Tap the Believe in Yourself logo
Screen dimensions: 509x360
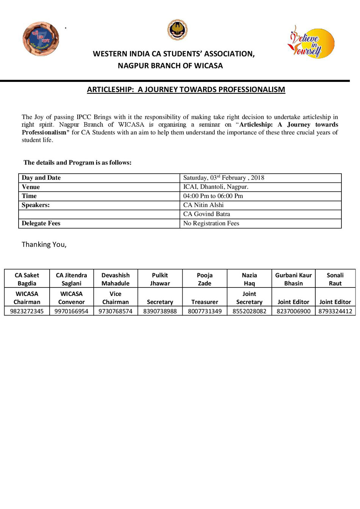(310, 42)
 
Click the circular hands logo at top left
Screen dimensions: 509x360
(41, 39)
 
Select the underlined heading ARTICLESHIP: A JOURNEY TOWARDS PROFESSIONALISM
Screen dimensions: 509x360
(186, 90)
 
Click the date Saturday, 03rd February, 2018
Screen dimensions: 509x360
(224, 178)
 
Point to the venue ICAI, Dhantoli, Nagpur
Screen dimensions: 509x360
(216, 187)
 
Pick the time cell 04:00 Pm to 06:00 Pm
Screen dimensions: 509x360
(213, 196)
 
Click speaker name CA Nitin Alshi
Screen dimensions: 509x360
(203, 205)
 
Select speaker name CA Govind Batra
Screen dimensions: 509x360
(207, 214)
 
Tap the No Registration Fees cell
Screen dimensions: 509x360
(211, 223)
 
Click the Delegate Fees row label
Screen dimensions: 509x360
(41, 223)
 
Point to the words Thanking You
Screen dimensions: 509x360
(44, 244)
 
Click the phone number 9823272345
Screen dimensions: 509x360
(27, 311)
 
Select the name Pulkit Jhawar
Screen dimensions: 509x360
(160, 279)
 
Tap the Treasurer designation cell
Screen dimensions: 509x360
(205, 302)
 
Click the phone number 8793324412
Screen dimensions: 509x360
(335, 311)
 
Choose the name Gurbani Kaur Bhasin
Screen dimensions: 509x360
(293, 279)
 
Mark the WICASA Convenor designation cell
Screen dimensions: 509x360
(71, 298)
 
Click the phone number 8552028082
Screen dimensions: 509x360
(249, 311)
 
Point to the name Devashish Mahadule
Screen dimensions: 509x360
(116, 279)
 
